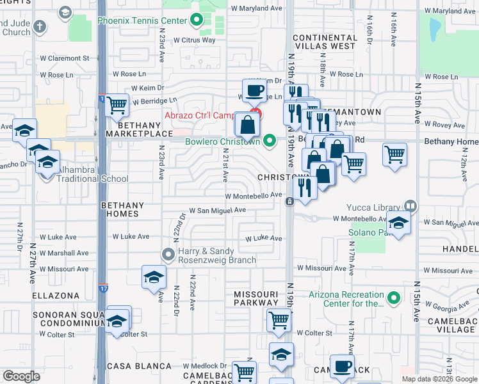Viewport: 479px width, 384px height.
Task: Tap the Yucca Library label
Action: click(x=375, y=207)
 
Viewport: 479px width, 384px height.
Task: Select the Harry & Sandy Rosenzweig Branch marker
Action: click(x=168, y=255)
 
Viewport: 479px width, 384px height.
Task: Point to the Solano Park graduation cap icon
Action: click(x=398, y=225)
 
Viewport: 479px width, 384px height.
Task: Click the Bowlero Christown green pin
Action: click(x=270, y=140)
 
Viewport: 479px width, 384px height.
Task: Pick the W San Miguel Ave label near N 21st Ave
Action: click(x=217, y=210)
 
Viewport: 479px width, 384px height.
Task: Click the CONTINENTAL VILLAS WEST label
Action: click(x=324, y=42)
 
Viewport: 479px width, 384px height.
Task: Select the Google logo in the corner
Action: click(x=21, y=376)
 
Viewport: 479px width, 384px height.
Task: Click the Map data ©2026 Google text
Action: click(x=439, y=379)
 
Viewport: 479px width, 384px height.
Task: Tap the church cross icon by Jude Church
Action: click(x=40, y=27)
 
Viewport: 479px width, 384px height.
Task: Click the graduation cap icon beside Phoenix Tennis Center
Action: click(x=64, y=12)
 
